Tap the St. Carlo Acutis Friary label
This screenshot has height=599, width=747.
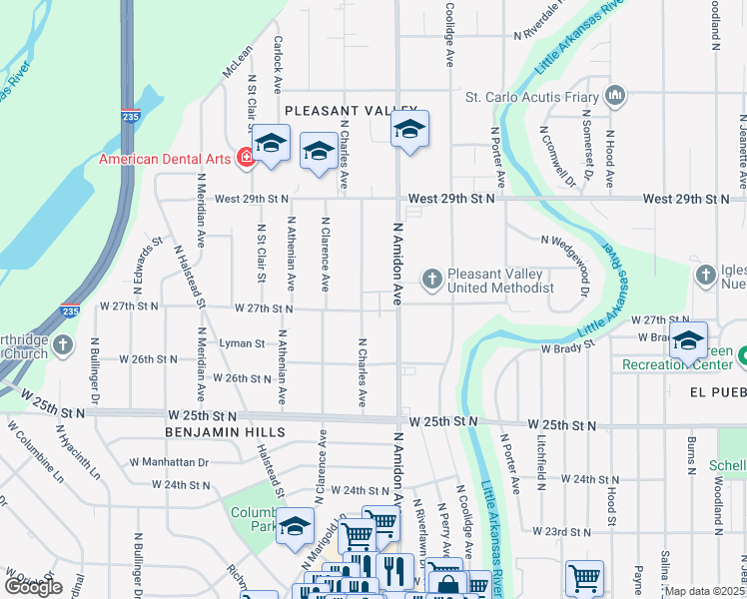[x=531, y=98]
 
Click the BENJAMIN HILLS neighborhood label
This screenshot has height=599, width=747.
[x=227, y=432]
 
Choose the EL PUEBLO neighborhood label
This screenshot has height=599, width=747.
[x=717, y=393]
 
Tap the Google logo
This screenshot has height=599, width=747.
[x=33, y=586]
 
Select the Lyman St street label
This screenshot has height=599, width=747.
[x=242, y=342]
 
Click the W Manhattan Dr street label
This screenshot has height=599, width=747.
[x=177, y=462]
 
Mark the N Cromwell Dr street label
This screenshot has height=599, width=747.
[x=557, y=156]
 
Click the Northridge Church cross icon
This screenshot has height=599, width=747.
[x=62, y=345]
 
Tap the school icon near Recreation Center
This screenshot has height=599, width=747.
[x=687, y=341]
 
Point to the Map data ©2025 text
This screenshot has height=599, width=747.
[x=705, y=591]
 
